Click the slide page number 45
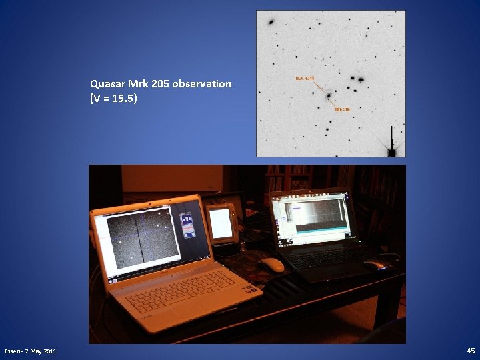(471, 351)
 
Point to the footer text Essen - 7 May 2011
(31, 351)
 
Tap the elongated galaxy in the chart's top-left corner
(271, 22)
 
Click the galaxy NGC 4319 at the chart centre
(329, 97)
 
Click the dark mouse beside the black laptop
(375, 265)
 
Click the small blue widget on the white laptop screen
(189, 224)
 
